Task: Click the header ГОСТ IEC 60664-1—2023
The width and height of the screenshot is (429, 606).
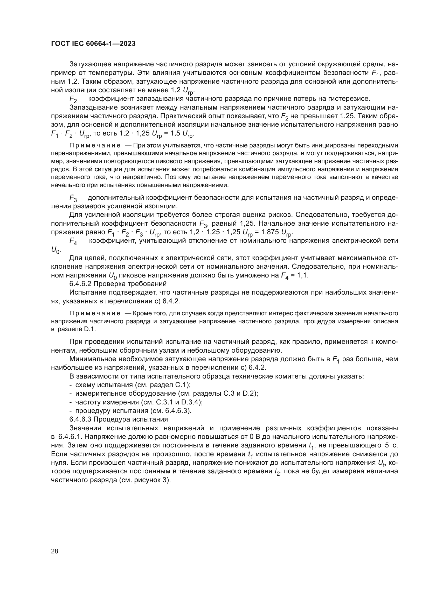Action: tap(93, 44)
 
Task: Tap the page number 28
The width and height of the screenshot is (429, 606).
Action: tap(54, 551)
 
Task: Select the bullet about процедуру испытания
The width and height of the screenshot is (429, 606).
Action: tap(130, 411)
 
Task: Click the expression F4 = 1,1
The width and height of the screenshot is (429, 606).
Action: tap(295, 275)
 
